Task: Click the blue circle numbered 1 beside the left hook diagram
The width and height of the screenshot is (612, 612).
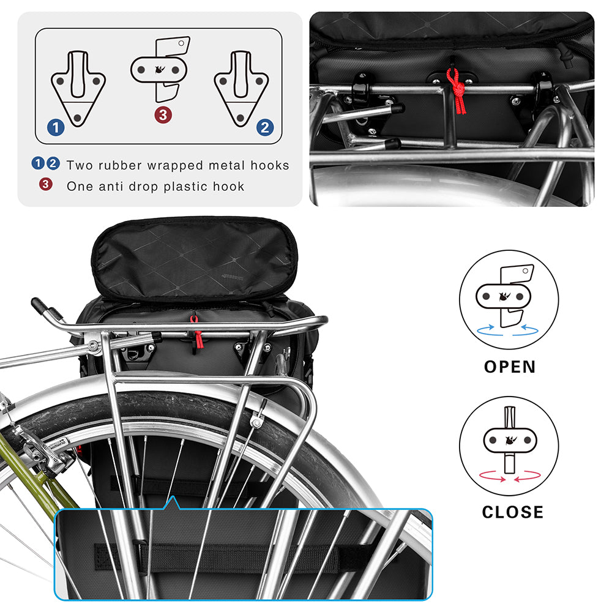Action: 56,127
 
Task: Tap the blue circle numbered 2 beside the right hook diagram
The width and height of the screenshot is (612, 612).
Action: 264,127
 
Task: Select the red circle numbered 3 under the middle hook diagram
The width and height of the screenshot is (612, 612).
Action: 162,114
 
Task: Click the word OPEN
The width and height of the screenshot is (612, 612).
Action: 510,367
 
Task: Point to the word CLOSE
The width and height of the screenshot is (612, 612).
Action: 512,512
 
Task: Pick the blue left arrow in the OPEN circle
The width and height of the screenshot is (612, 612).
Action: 491,330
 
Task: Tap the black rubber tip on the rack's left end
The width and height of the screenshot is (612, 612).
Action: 39,305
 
